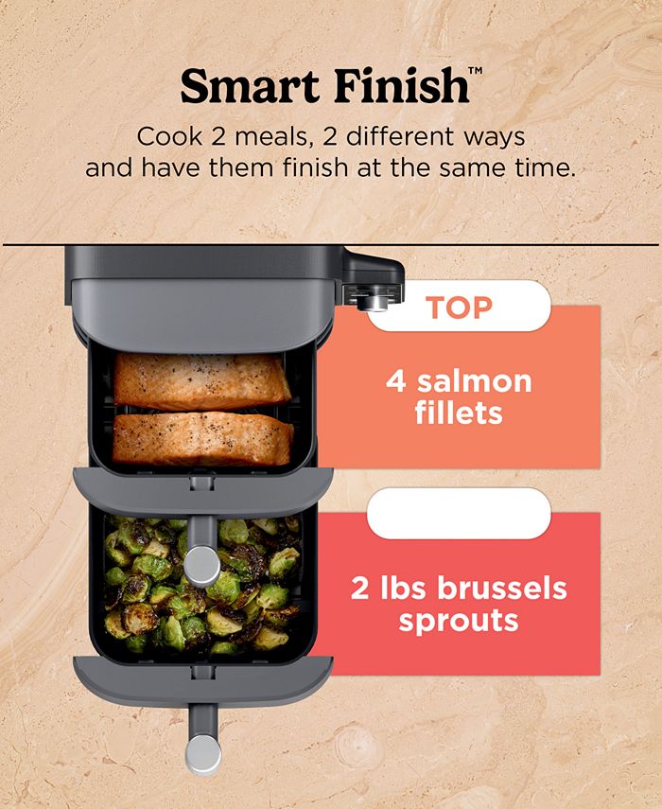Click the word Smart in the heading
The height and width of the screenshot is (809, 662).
[x=250, y=85]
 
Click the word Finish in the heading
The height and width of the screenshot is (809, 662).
[x=401, y=84]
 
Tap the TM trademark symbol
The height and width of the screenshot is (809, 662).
[x=475, y=70]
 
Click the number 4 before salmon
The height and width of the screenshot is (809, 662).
[x=395, y=382]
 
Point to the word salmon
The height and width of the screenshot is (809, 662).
[x=475, y=382]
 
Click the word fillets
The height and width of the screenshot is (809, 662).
[x=459, y=413]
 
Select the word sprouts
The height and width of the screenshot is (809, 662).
[x=459, y=622]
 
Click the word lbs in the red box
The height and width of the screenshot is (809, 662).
[x=403, y=589]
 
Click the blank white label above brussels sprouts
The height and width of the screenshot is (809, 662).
[x=459, y=514]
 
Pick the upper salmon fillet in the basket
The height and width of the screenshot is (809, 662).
[x=201, y=380]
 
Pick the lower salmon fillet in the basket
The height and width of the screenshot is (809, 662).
[x=202, y=438]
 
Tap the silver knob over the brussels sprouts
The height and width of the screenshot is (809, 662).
[x=202, y=566]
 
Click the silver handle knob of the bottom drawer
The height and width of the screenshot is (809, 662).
[x=203, y=754]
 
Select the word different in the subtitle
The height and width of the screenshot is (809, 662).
[x=400, y=136]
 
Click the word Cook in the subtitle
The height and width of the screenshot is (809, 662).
[x=169, y=137]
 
